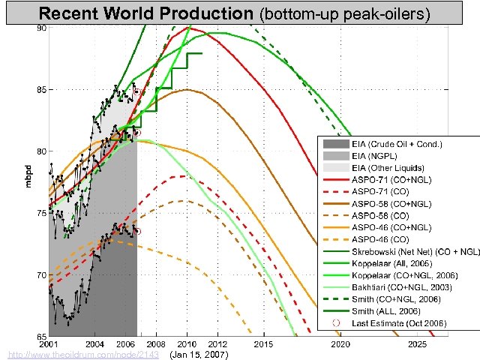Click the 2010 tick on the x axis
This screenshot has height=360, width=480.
pyautogui.click(x=186, y=343)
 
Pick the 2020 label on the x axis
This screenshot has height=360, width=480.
pyautogui.click(x=340, y=343)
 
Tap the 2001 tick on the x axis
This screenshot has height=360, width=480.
pyautogui.click(x=49, y=343)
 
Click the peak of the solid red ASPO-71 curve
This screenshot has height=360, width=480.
pyautogui.click(x=187, y=28)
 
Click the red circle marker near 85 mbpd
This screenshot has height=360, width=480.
pyautogui.click(x=137, y=91)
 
